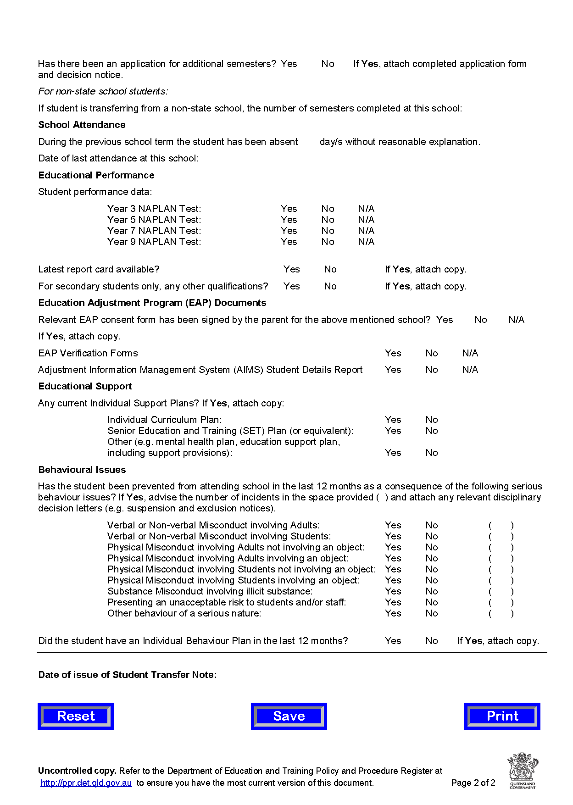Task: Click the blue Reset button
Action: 76,716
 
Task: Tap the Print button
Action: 502,716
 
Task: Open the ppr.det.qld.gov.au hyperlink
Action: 86,783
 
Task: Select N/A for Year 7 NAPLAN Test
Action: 366,231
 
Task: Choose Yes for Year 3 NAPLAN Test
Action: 289,209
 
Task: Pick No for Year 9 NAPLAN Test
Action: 328,242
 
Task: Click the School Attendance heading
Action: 82,125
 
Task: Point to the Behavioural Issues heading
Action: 82,470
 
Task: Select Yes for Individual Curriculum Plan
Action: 393,420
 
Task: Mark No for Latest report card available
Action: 330,269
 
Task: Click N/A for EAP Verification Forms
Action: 470,353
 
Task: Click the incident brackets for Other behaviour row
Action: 501,614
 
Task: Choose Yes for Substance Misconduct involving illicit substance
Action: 393,591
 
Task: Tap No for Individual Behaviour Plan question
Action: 431,641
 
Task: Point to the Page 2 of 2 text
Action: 473,783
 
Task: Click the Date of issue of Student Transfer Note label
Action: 128,675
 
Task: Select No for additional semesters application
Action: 328,64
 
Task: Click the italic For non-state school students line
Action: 103,91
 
